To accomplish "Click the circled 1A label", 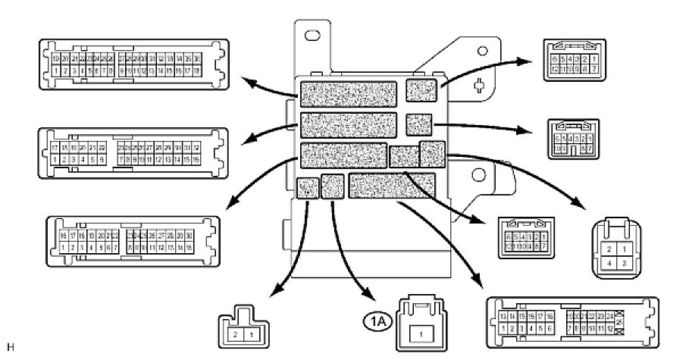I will pyautogui.click(x=377, y=321).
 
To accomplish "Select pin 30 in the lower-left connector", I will pyautogui.click(x=188, y=235).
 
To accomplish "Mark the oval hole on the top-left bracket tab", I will pyautogui.click(x=312, y=36).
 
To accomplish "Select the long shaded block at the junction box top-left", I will pyautogui.click(x=349, y=93).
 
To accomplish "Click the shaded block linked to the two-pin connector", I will pyautogui.click(x=307, y=187).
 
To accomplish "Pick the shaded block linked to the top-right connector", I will pyautogui.click(x=421, y=90).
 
